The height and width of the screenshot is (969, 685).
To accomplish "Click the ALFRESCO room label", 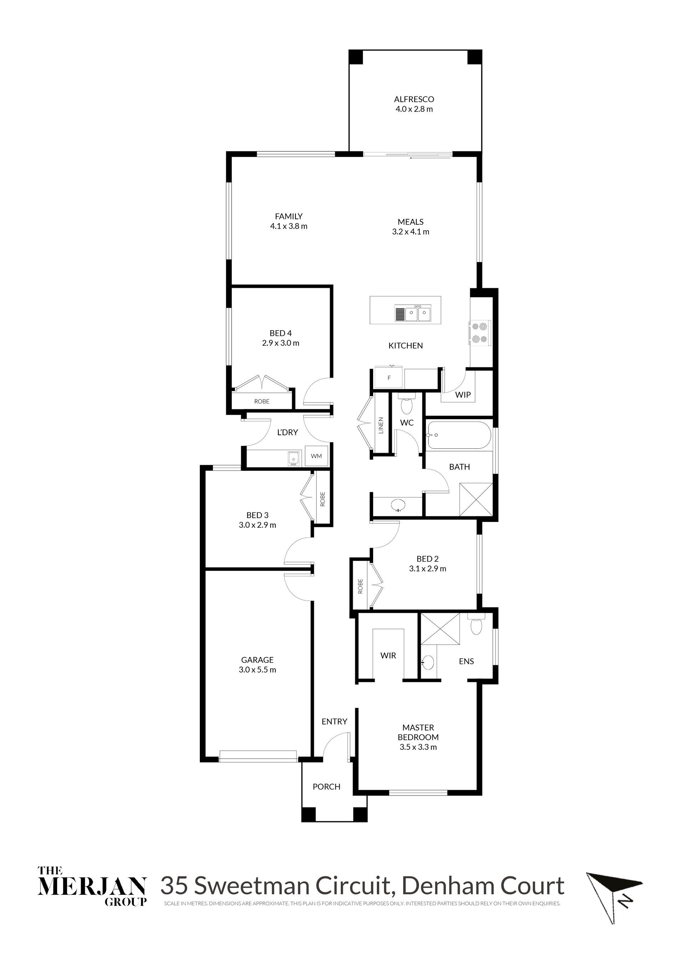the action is tap(414, 100).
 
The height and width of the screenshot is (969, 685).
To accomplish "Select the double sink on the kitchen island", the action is tap(412, 313).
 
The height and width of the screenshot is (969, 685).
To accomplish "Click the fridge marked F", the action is tap(389, 378).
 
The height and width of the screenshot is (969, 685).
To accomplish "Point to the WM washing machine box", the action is tap(316, 456).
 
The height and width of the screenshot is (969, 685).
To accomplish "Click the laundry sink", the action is tap(294, 459).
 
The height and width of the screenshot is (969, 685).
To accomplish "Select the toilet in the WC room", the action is tap(407, 405).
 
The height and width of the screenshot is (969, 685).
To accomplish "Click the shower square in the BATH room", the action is tap(476, 499).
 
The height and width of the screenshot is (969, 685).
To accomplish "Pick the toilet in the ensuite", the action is tap(476, 624).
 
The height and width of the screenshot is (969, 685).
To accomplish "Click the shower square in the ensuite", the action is tap(440, 629).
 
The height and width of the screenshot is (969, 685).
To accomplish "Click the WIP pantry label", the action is tap(463, 395).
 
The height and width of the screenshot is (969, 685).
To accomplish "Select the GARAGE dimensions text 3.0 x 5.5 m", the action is tap(257, 670).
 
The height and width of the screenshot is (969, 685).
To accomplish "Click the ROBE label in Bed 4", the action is tap(262, 401).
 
